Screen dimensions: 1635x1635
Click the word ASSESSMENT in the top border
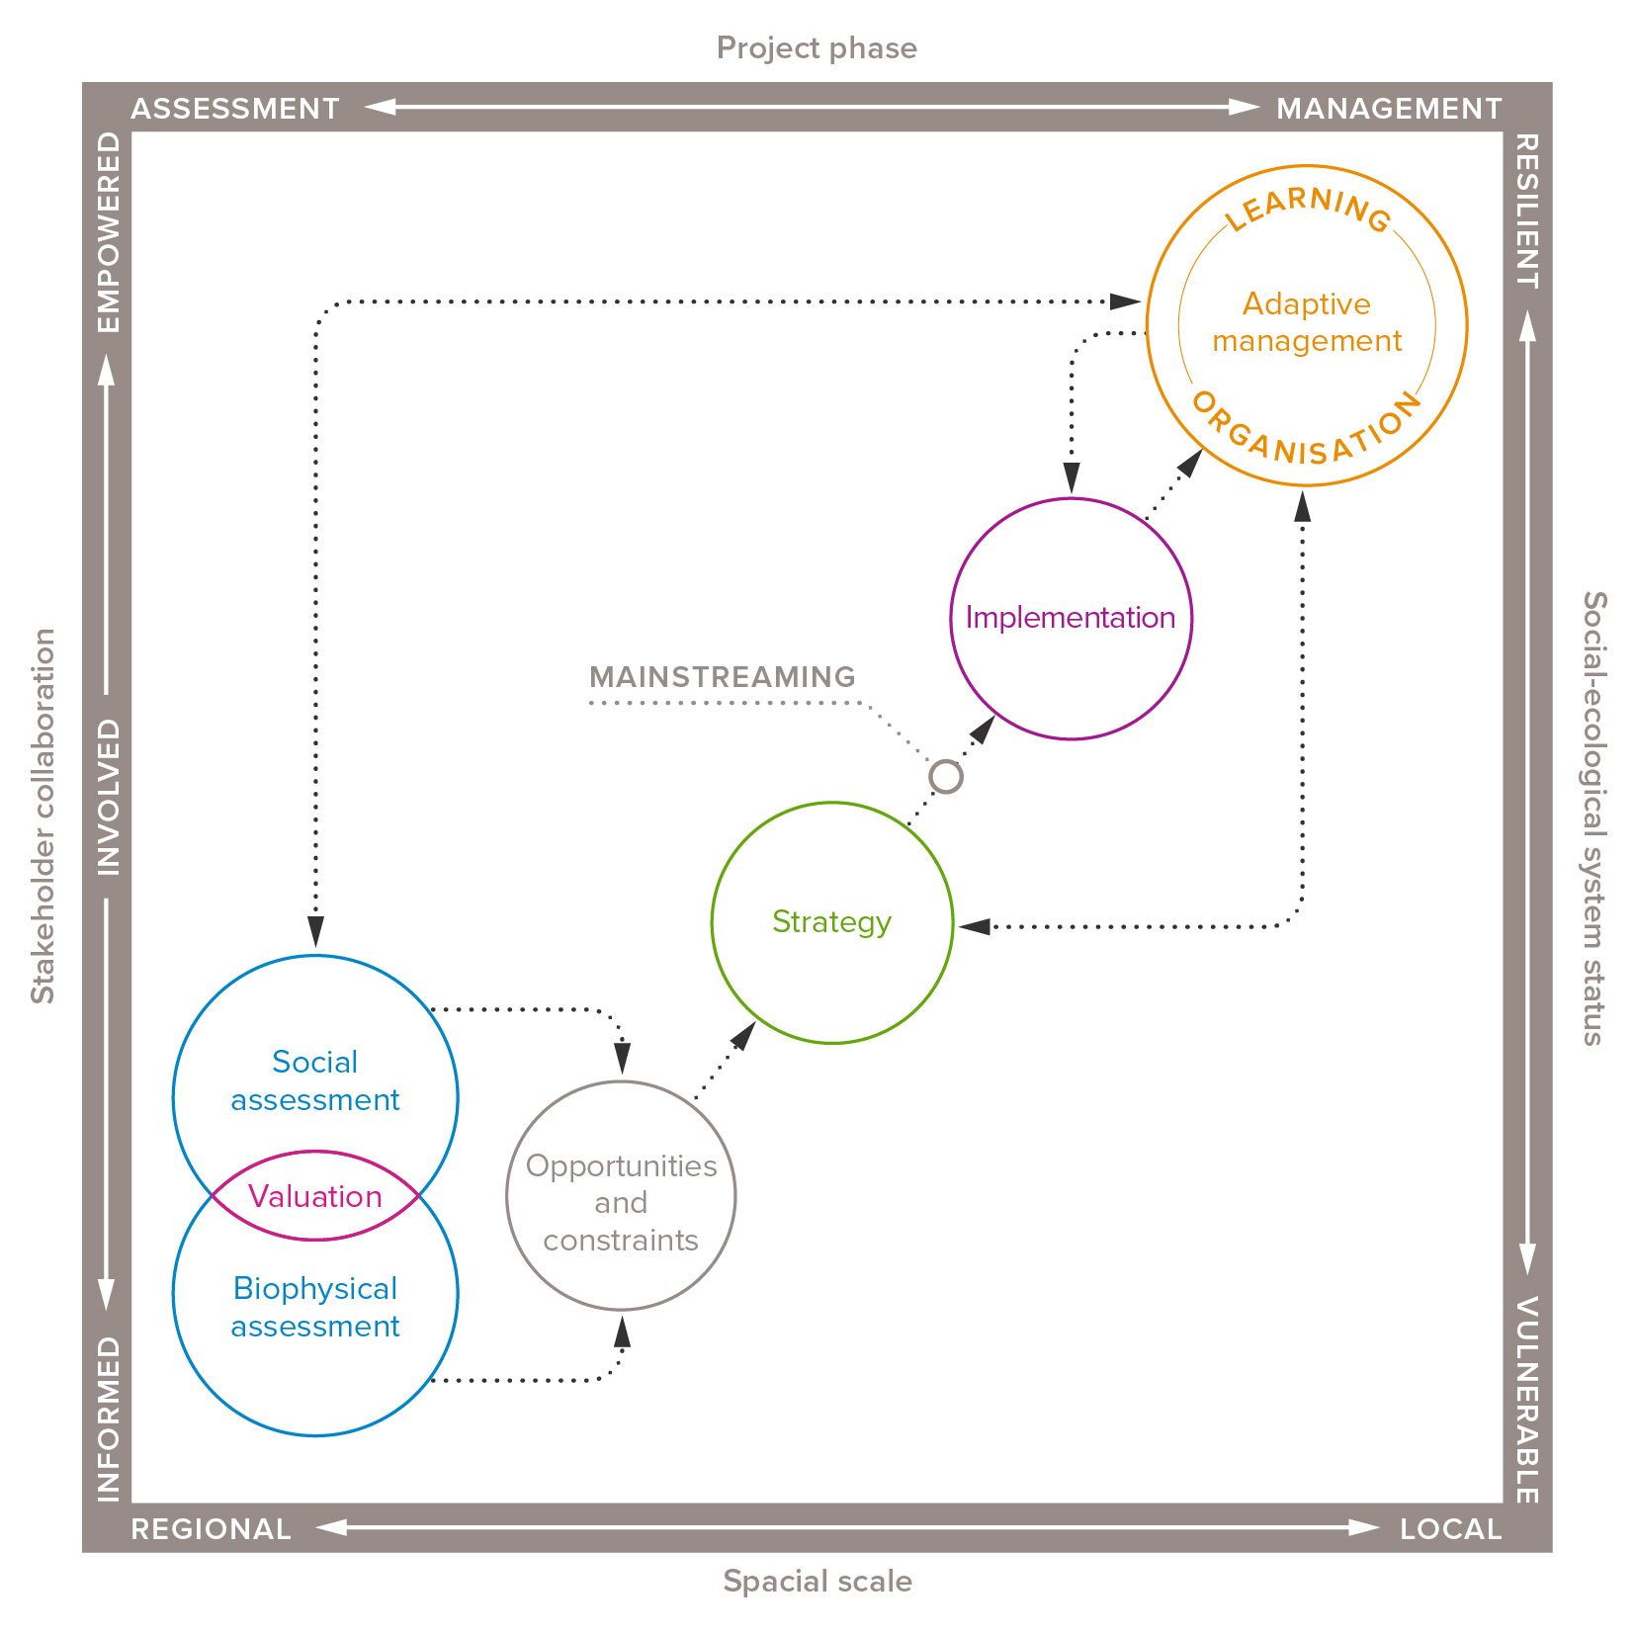(235, 108)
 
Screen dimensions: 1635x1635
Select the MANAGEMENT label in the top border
(1389, 108)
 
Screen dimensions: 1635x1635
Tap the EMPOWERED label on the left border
(109, 232)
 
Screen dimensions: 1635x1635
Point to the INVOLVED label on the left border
(109, 797)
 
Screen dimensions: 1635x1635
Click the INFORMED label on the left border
(109, 1419)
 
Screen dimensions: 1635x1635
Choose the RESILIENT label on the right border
(1526, 212)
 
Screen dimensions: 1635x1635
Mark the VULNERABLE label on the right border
(1526, 1400)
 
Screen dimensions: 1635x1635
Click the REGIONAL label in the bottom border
(212, 1529)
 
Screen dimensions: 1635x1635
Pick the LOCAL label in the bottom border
(1450, 1529)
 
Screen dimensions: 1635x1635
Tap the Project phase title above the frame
(817, 47)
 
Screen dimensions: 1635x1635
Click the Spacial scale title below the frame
(817, 1581)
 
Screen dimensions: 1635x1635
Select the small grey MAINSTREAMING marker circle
(946, 777)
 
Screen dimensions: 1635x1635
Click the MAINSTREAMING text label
(722, 677)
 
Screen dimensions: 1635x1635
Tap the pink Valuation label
(315, 1196)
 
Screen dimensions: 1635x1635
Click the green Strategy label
(831, 921)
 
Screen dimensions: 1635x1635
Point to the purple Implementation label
(1071, 618)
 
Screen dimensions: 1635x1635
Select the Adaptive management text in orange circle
(1307, 322)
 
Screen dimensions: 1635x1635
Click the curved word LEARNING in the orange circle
(1308, 206)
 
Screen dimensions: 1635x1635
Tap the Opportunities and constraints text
(621, 1202)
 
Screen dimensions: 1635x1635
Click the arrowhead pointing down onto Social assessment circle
(315, 932)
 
